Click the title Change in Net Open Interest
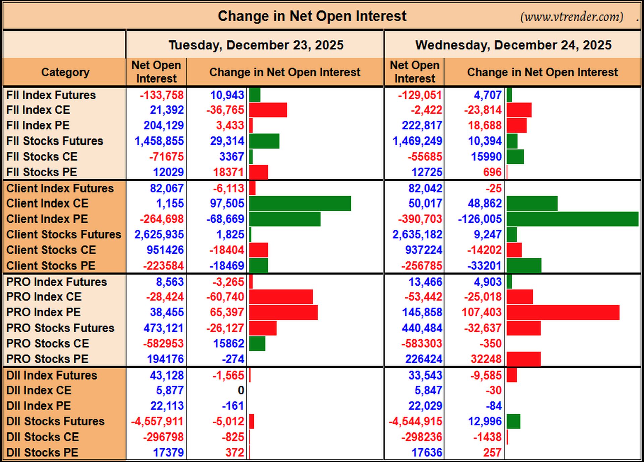[312, 16]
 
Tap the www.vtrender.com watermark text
[572, 16]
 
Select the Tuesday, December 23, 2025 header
[256, 45]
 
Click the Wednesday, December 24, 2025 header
[513, 45]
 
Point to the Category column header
[65, 72]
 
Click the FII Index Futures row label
[51, 95]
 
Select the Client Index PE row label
[47, 219]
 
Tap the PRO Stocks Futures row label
[60, 328]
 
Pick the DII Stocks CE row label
[43, 437]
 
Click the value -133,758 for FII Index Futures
[162, 95]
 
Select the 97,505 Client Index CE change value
[227, 204]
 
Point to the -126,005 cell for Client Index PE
[480, 219]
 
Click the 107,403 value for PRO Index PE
[482, 312]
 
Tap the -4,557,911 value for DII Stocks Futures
[157, 421]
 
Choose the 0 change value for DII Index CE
[241, 390]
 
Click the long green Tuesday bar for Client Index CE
[300, 204]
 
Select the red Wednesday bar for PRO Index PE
[563, 312]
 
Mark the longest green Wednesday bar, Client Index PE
[573, 219]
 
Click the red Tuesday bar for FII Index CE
[268, 110]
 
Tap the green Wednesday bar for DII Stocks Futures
[514, 421]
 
